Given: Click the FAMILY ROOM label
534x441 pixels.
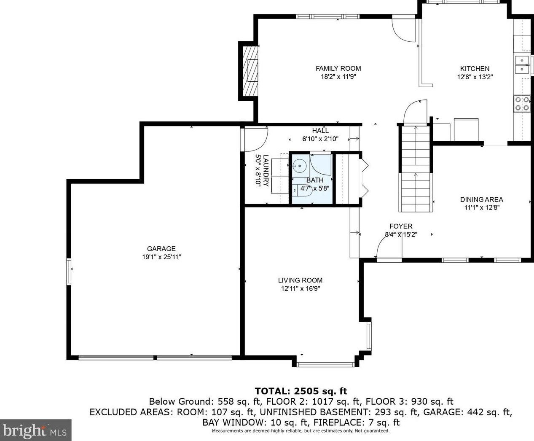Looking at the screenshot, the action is tap(338, 69).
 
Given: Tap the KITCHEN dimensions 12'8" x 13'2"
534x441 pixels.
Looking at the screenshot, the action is tap(475, 77).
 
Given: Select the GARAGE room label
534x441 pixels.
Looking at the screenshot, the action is tap(161, 249).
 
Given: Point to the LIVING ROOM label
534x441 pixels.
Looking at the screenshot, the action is tap(300, 280).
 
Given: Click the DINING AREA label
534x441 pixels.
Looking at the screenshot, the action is tap(482, 199).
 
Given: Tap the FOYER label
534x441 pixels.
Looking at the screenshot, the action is tap(401, 226).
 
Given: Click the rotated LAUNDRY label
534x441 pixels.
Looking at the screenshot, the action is tap(266, 171).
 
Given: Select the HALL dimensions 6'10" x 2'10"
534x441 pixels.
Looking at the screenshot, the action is tap(320, 139).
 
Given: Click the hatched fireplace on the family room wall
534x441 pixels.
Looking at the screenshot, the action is tap(250, 71).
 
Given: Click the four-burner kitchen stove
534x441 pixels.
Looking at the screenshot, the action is tap(522, 104).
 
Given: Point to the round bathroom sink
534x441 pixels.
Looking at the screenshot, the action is tap(299, 166).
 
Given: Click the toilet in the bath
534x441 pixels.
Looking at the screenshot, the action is tap(302, 190).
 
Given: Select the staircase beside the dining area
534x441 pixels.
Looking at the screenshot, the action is tap(415, 169).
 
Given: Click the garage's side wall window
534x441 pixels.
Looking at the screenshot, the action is tap(69, 272).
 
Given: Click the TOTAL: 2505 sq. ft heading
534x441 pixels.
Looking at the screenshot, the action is tap(301, 391).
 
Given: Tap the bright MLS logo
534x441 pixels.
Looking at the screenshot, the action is tap(35, 430).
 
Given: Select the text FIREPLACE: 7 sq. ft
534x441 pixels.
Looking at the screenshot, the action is tap(357, 422).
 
